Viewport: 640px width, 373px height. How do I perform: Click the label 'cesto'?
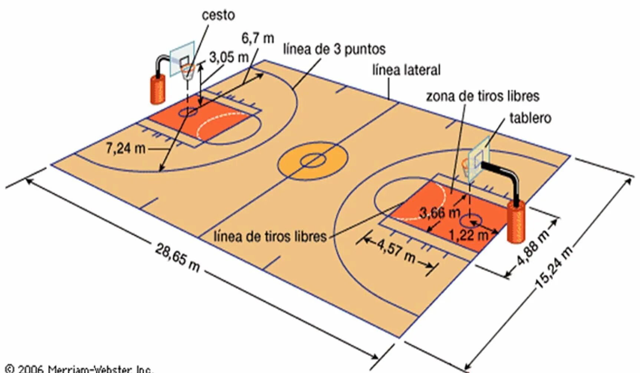click(x=218, y=15)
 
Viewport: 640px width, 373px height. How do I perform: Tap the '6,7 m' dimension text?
click(x=257, y=38)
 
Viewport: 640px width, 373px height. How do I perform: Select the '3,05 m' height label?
click(x=229, y=57)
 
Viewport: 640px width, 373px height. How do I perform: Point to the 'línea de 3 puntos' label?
click(x=334, y=49)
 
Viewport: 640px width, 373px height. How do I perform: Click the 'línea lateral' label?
click(x=406, y=70)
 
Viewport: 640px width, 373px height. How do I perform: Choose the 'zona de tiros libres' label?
click(x=482, y=96)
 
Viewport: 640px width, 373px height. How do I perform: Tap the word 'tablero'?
click(x=530, y=118)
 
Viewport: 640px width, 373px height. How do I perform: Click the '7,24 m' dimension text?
click(x=125, y=148)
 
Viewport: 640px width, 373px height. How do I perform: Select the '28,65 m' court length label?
click(x=177, y=257)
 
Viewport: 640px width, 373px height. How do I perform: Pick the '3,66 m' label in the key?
click(x=439, y=213)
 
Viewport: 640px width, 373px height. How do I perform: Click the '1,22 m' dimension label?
click(x=468, y=235)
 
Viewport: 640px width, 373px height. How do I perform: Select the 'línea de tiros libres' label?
click(x=270, y=236)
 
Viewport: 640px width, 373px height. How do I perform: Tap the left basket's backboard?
click(x=182, y=59)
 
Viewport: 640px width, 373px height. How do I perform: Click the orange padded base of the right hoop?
click(x=516, y=222)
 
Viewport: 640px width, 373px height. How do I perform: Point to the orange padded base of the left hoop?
click(x=158, y=89)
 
